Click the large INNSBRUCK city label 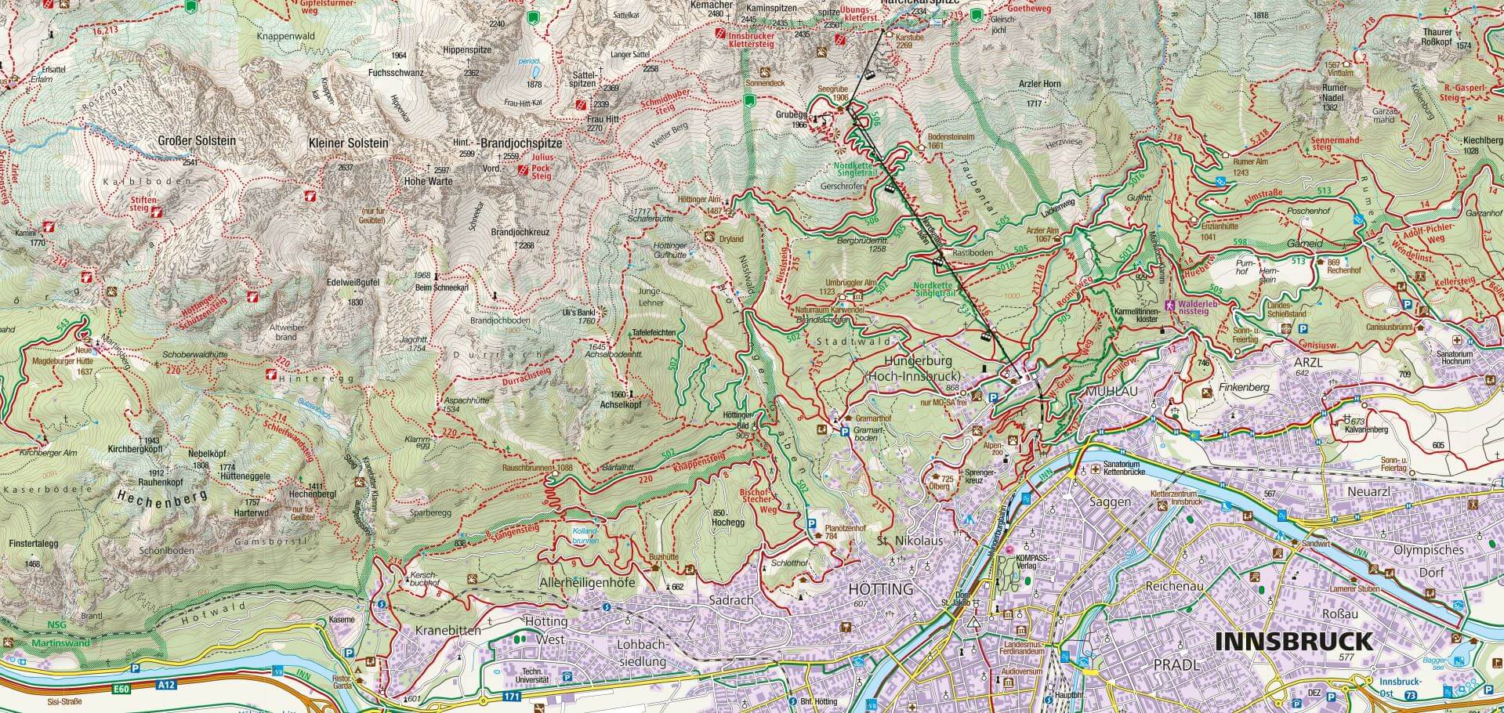point(1293,642)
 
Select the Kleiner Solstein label point(349,143)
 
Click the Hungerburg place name point(916,361)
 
